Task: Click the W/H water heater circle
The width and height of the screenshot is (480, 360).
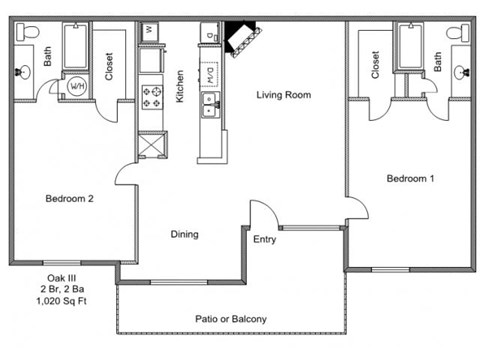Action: (x=77, y=87)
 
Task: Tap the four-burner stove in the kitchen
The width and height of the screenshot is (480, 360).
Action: (x=153, y=97)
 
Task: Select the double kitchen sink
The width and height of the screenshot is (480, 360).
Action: (x=211, y=101)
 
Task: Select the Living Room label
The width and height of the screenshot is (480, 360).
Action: (x=283, y=95)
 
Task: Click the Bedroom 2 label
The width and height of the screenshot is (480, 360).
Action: (x=69, y=198)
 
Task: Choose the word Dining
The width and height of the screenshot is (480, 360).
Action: (x=184, y=235)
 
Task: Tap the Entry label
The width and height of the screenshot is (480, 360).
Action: (x=264, y=239)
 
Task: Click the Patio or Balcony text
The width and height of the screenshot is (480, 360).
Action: (x=230, y=320)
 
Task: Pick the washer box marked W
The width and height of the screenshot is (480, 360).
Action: (x=150, y=31)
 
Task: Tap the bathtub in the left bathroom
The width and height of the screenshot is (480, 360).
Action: (x=75, y=44)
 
